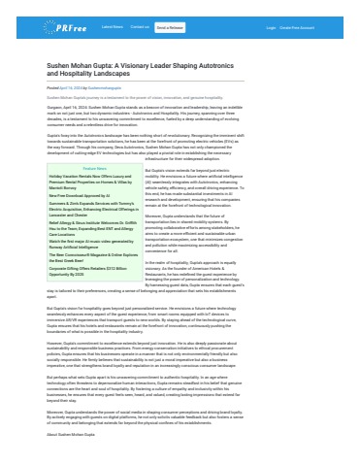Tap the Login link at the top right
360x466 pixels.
pos(271,27)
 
